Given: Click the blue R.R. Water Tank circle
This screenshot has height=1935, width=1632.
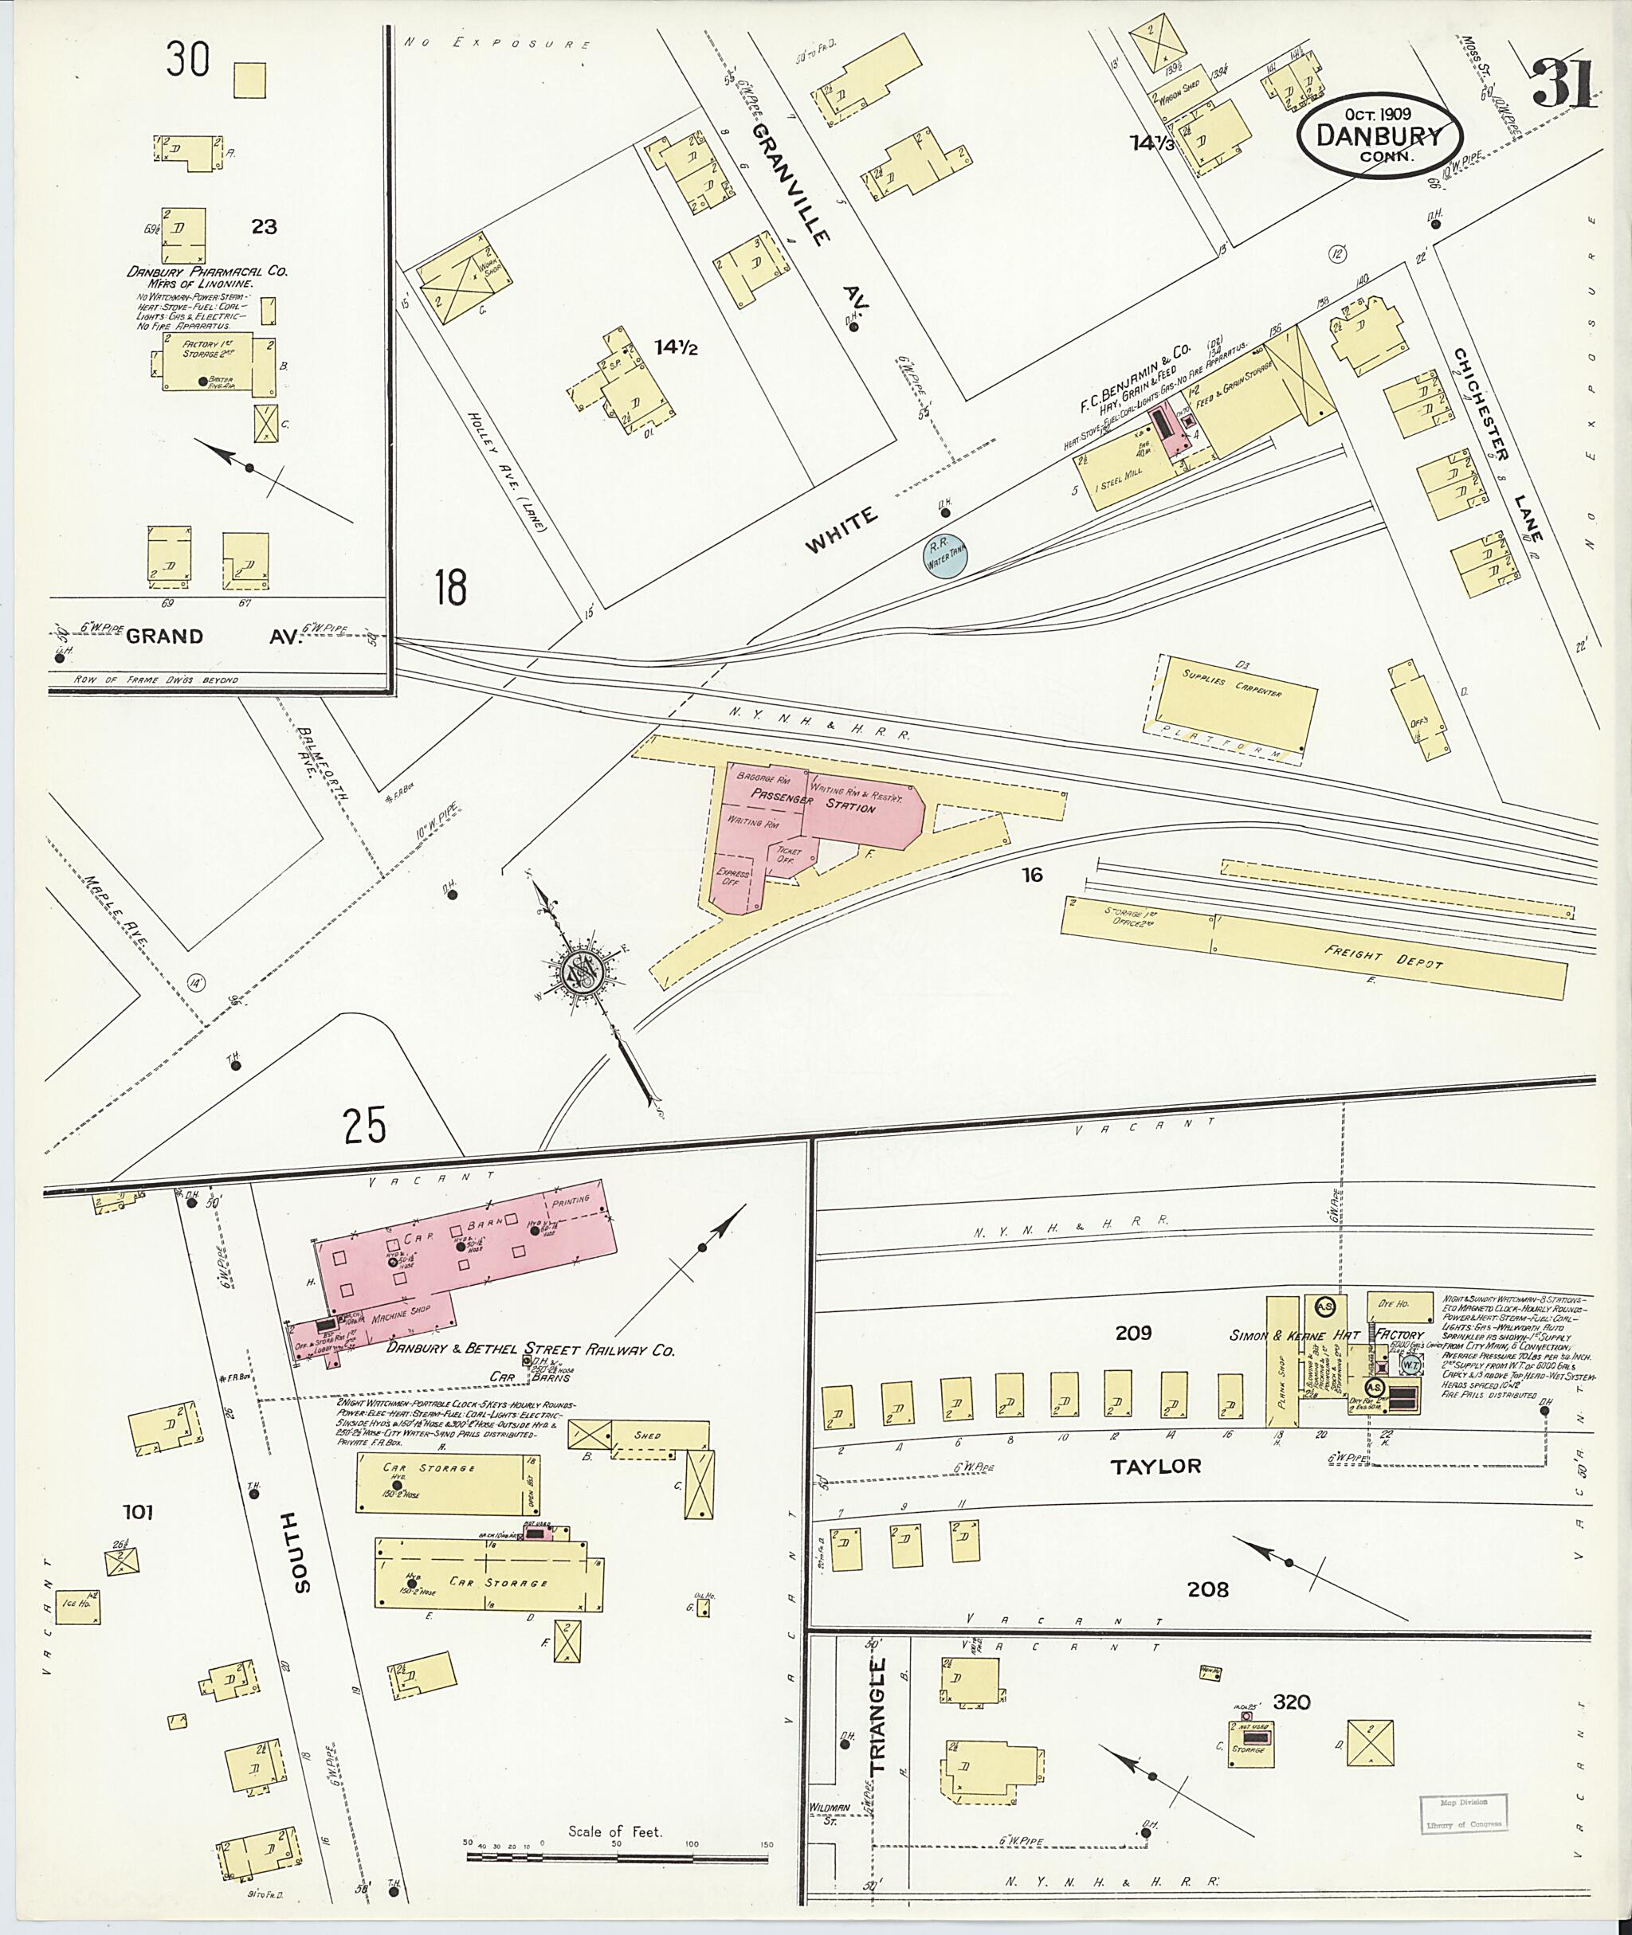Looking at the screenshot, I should pyautogui.click(x=947, y=555).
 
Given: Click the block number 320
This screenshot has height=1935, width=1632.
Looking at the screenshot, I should pyautogui.click(x=1292, y=1702).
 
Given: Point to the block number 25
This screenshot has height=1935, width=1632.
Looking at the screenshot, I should pyautogui.click(x=364, y=1126).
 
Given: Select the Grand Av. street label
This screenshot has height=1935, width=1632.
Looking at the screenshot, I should pyautogui.click(x=213, y=637).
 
